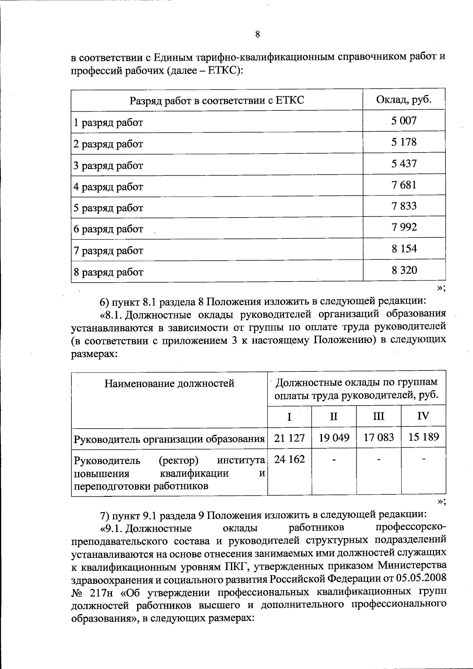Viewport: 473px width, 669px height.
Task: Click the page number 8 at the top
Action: [x=257, y=34]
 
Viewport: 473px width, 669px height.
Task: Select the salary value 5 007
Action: [x=404, y=121]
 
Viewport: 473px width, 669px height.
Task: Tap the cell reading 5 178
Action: [x=404, y=142]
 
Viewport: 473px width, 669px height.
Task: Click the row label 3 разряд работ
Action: [x=108, y=166]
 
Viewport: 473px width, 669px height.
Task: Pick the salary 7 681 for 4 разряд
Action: [x=404, y=185]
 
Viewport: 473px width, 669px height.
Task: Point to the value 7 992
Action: [x=404, y=227]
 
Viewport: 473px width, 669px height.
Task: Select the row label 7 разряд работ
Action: [x=108, y=251]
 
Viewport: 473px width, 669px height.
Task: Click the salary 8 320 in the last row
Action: [x=404, y=270]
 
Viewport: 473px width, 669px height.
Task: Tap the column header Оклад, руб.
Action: [x=404, y=99]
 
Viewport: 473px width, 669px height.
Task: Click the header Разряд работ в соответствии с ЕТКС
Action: [x=217, y=101]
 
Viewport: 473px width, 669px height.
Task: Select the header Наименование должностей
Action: [x=169, y=383]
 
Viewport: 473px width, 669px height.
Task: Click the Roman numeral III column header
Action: [x=378, y=416]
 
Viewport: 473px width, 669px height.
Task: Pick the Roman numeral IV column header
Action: [x=423, y=416]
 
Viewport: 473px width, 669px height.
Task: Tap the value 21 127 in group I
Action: [x=289, y=438]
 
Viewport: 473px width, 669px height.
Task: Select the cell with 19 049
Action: [x=334, y=438]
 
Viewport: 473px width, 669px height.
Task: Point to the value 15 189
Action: [x=423, y=438]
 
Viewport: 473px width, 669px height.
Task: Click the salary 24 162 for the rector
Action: [x=289, y=459]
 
